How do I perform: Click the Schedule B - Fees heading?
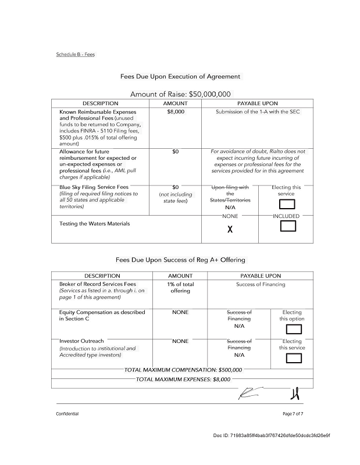click(x=75, y=54)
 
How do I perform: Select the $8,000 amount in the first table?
click(x=175, y=112)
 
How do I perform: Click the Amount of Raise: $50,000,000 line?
click(x=180, y=94)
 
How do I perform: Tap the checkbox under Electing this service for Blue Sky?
click(x=287, y=204)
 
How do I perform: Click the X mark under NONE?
click(x=230, y=229)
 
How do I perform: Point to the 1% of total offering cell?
click(x=180, y=287)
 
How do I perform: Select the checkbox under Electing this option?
click(x=294, y=329)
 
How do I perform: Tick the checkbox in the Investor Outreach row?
click(x=294, y=357)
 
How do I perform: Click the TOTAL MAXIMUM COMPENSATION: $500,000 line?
click(x=183, y=369)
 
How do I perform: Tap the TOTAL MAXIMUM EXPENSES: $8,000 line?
click(x=183, y=379)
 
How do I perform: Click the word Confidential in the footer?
click(x=67, y=413)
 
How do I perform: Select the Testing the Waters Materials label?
click(x=95, y=223)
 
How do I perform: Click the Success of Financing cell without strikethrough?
click(x=261, y=284)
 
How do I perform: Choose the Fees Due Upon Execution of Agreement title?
click(x=180, y=76)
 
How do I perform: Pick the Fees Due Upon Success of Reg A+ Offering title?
click(x=180, y=259)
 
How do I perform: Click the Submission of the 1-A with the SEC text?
click(x=261, y=112)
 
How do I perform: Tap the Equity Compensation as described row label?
click(x=102, y=316)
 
